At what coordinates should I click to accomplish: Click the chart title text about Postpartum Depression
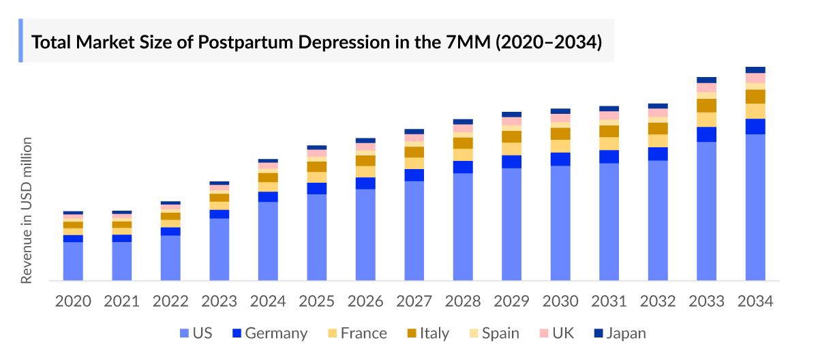[317, 42]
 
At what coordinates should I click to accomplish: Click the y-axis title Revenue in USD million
[27, 211]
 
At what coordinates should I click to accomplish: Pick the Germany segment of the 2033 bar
[706, 134]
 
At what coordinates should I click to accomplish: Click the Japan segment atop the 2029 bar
[511, 115]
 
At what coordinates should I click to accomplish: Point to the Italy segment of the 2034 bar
[755, 97]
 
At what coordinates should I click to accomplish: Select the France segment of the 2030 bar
[560, 146]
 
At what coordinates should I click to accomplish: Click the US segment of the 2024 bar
[268, 241]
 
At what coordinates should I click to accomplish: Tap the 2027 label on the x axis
[414, 301]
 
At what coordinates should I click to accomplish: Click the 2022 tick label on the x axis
[170, 301]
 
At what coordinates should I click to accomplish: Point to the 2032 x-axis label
[658, 301]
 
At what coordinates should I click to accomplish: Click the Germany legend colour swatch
[237, 333]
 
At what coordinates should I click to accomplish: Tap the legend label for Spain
[500, 333]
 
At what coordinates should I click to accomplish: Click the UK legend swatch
[543, 333]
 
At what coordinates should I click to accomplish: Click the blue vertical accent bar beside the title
[21, 41]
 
